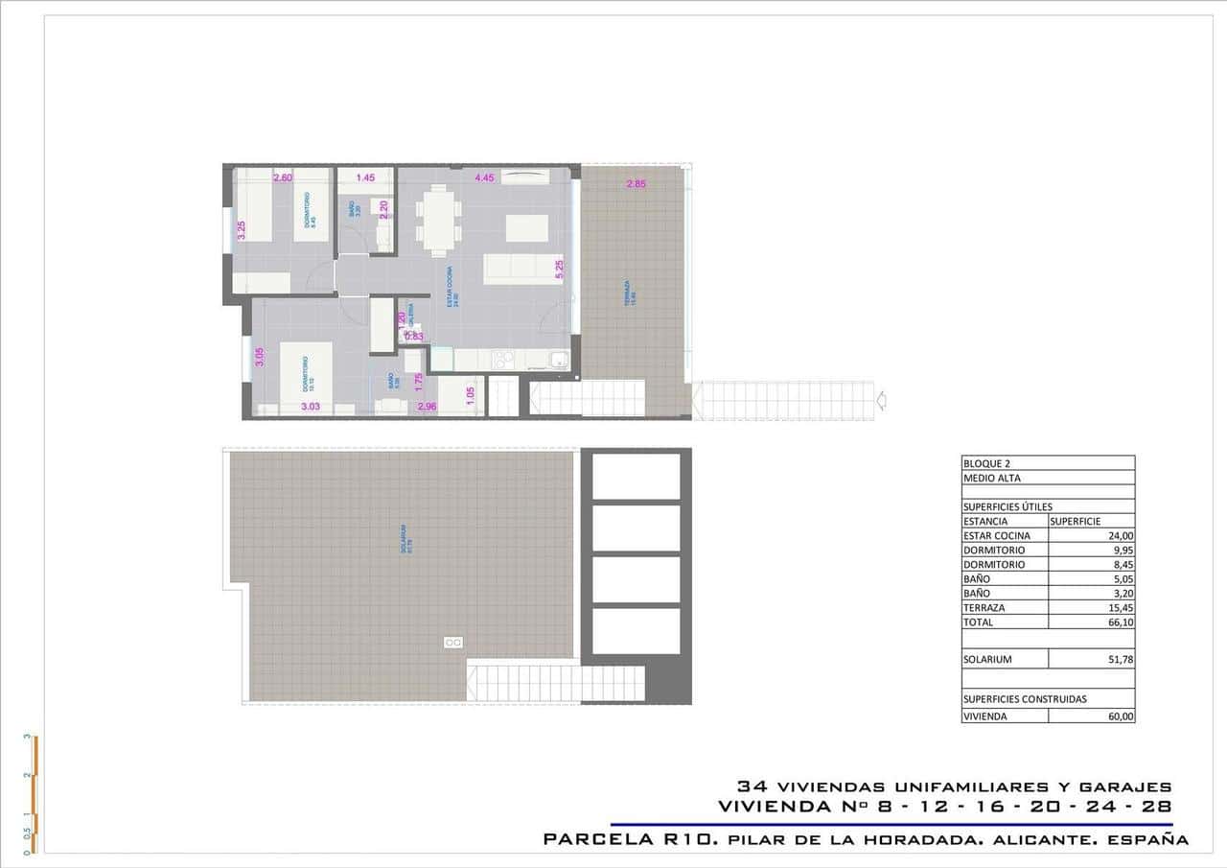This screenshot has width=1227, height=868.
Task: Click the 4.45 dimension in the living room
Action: (484, 177)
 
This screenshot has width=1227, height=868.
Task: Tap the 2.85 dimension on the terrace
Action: (636, 184)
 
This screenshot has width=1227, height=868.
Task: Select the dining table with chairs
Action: (438, 220)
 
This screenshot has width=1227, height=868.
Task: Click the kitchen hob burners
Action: (502, 360)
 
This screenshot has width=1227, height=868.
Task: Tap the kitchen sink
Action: (559, 361)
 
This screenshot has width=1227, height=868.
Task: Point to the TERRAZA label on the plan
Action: (627, 293)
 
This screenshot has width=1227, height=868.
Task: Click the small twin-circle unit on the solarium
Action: (453, 643)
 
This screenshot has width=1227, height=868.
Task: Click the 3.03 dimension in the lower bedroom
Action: (310, 408)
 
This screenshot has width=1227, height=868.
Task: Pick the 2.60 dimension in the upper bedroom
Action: (282, 177)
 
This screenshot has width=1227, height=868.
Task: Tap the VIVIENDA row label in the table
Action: (985, 716)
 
